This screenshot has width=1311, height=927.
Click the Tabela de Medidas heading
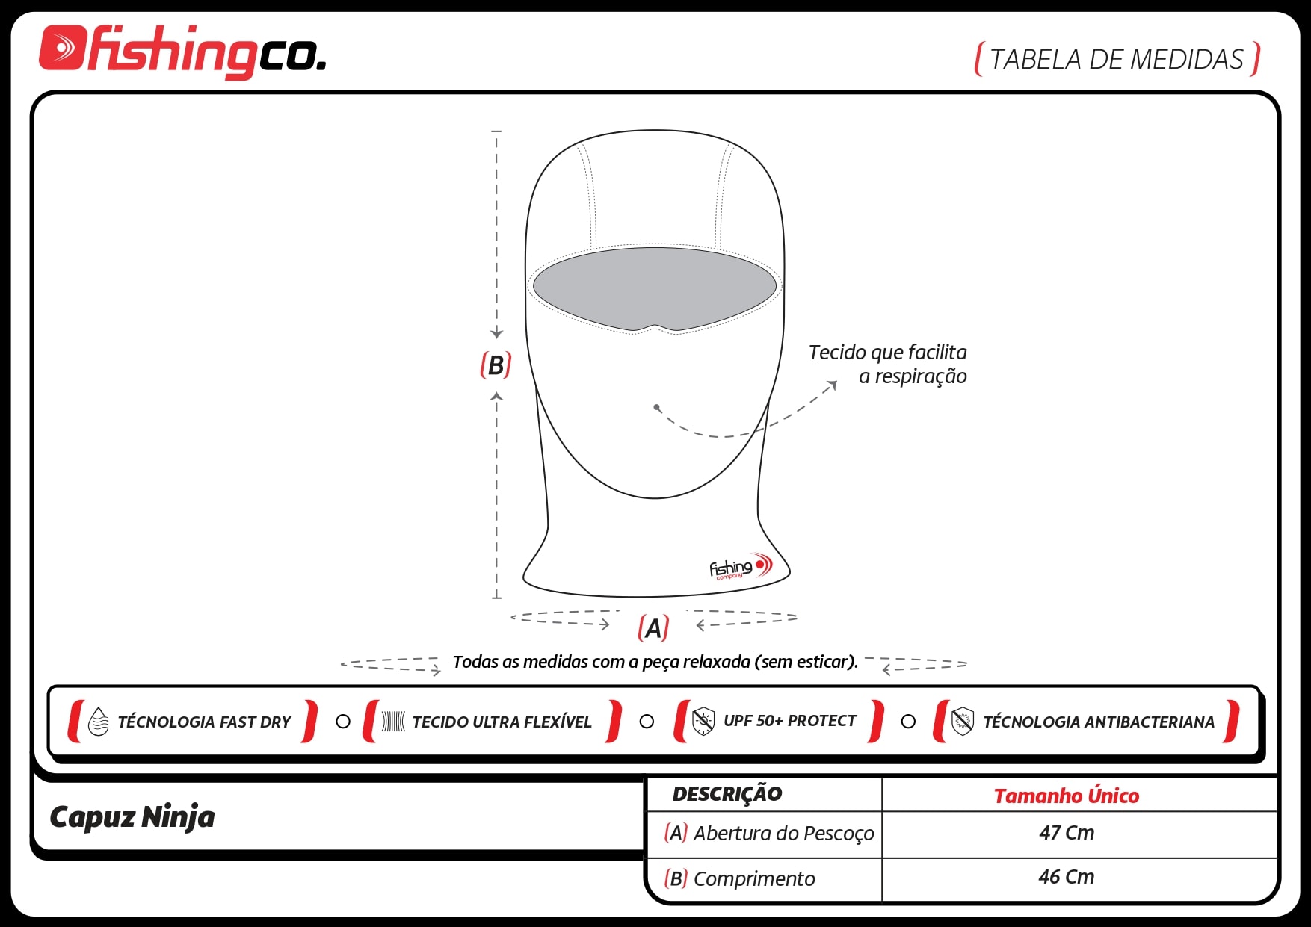click(x=1117, y=59)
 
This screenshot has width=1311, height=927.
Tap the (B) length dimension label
click(x=496, y=365)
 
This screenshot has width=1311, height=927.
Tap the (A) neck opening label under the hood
click(x=653, y=628)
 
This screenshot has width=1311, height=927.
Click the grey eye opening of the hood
click(x=655, y=288)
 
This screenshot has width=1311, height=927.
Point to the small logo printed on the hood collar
click(x=740, y=567)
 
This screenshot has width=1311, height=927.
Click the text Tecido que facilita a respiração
click(x=888, y=364)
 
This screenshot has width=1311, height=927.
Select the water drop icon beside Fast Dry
click(x=99, y=722)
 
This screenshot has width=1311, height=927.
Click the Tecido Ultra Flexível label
click(x=502, y=722)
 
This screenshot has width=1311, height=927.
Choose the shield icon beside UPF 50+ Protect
click(x=703, y=721)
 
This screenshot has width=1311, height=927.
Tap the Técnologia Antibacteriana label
click(x=1099, y=722)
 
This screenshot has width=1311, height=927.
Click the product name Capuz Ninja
click(x=132, y=817)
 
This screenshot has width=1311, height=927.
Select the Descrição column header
click(x=727, y=793)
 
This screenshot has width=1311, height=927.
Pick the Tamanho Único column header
click(x=1067, y=796)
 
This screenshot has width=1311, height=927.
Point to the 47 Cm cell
click(x=1067, y=832)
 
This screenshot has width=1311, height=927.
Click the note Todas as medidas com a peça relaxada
click(x=655, y=662)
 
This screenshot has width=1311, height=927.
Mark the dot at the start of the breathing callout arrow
click(x=656, y=407)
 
